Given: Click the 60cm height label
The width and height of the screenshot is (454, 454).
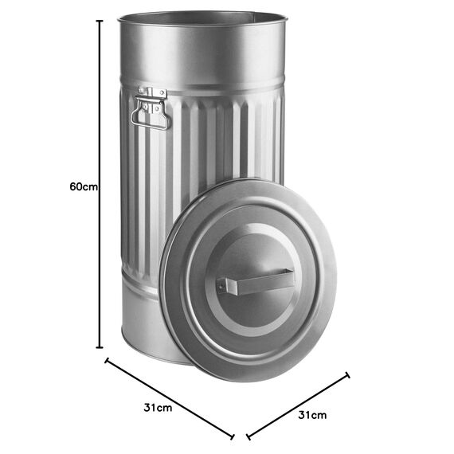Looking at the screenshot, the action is [x=84, y=186].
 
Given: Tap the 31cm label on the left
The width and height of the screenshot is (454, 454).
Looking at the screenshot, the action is [x=158, y=408].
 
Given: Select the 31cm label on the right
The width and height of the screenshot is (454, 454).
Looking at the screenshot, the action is [x=312, y=415].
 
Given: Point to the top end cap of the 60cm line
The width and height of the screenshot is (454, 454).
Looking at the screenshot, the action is [x=100, y=22].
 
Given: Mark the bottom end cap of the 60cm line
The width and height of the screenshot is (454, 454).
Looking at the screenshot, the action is [x=100, y=347].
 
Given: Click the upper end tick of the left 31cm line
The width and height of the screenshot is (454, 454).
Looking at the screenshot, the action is [x=107, y=361].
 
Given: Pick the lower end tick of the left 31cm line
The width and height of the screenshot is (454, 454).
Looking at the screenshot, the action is [x=233, y=436].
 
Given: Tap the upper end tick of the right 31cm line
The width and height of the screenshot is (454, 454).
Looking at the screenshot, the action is [x=348, y=375].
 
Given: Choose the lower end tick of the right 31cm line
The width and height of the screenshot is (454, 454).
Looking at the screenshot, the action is [x=249, y=436].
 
